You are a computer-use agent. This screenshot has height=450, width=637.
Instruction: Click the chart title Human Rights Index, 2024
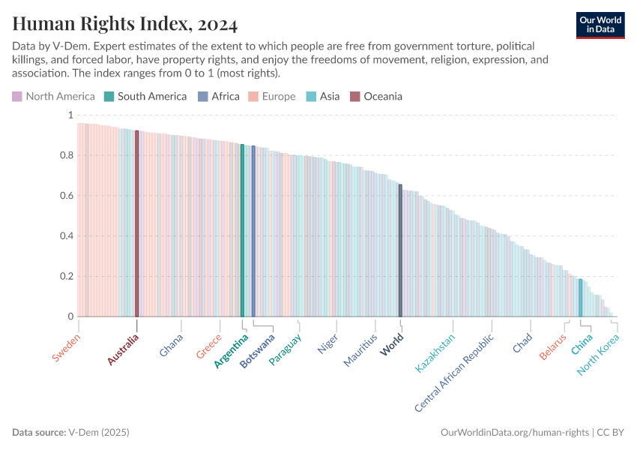(x=125, y=25)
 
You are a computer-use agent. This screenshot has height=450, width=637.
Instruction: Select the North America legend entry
(x=53, y=96)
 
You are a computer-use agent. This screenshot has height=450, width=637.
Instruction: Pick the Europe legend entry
(x=272, y=96)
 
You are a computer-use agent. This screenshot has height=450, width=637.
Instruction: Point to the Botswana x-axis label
(x=256, y=351)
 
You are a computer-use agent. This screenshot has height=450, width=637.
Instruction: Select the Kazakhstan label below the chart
(x=435, y=354)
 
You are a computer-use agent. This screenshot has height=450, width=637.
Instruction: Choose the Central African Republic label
(x=454, y=373)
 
